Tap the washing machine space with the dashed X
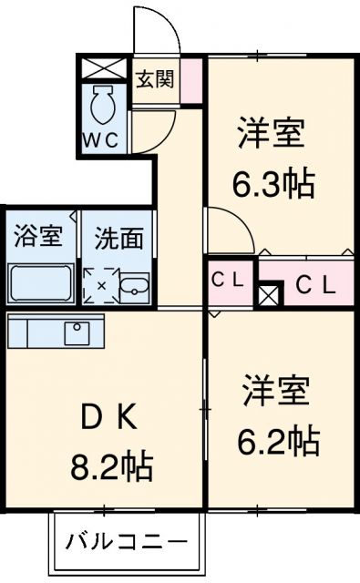(x=101, y=285)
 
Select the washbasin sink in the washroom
(x=136, y=285)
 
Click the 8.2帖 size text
(x=111, y=470)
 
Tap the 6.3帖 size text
(x=271, y=185)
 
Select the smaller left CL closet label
(x=229, y=281)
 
